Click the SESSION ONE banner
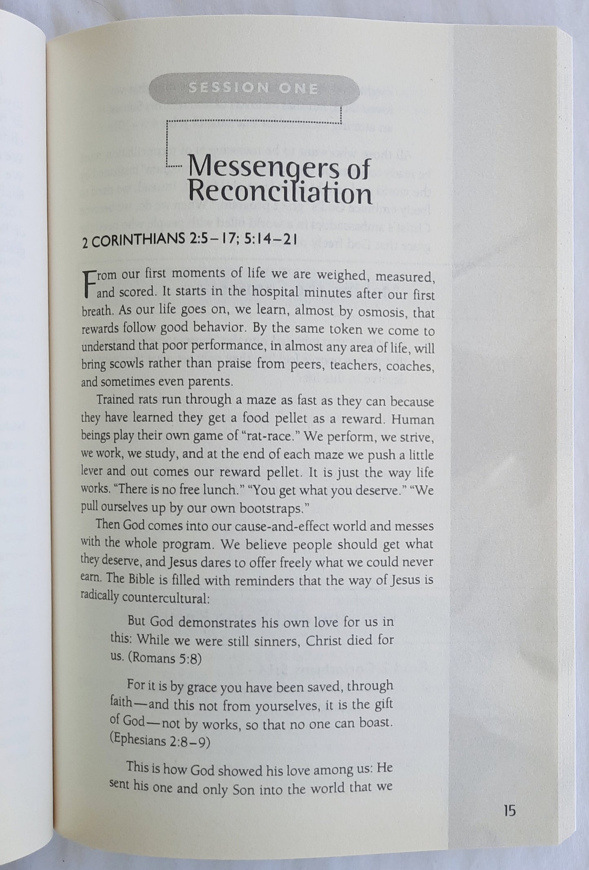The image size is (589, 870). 253,88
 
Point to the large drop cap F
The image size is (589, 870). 88,283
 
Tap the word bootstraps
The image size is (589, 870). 272,508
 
